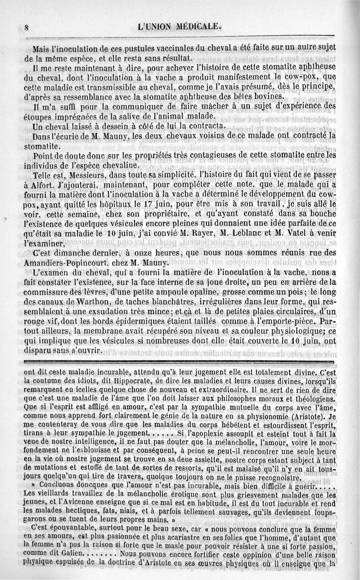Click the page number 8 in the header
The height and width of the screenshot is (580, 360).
pos(26,27)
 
